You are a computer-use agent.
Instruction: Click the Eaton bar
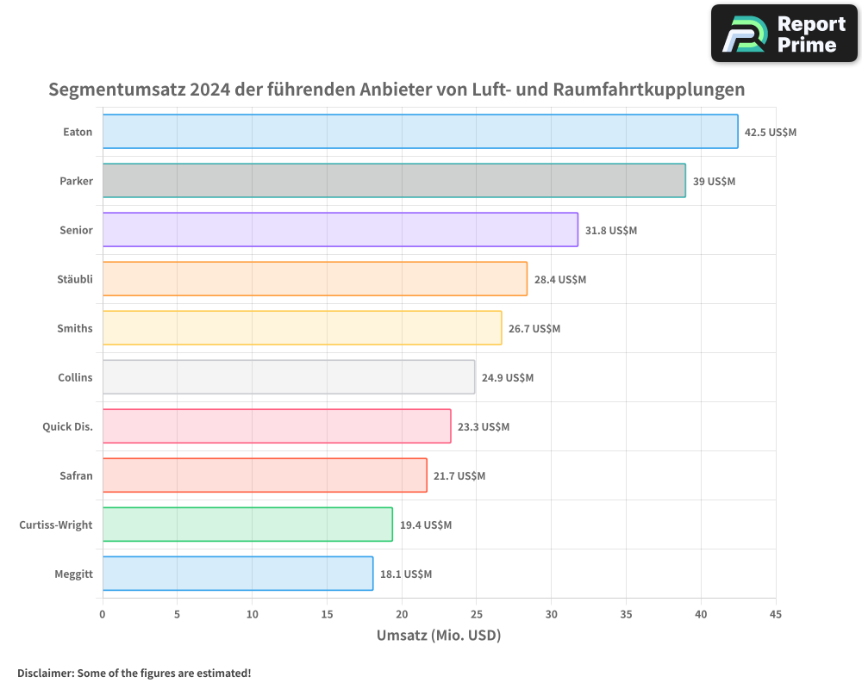point(420,132)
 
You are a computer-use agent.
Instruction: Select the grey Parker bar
point(394,181)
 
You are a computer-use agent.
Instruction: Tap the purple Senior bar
point(340,230)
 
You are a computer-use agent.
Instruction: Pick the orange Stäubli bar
point(315,279)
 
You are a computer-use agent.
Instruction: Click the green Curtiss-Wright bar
point(247,525)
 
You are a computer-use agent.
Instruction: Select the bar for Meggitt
point(238,574)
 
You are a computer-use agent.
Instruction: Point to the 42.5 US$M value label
point(771,133)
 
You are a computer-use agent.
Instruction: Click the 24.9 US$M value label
point(508,378)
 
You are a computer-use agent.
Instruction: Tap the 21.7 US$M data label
point(459,476)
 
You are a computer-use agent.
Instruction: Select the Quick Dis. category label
point(67,427)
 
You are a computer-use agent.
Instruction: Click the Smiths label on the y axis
point(74,329)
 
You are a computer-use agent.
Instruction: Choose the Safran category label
point(77,476)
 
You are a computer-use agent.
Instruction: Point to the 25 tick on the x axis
point(477,614)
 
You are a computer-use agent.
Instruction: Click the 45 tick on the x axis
point(776,614)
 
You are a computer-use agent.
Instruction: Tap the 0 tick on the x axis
point(103,614)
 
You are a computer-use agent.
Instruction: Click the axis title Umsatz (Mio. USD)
point(439,636)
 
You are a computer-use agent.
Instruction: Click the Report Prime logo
point(784,34)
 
